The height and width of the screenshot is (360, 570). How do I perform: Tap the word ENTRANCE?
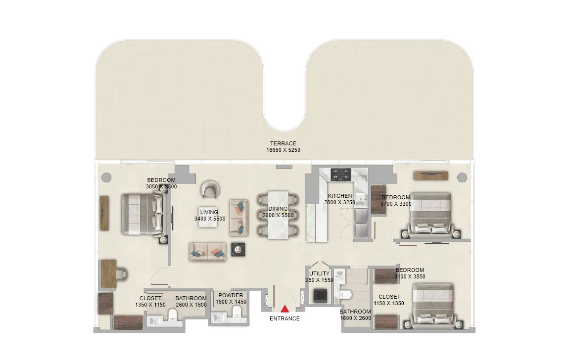pos(285,318)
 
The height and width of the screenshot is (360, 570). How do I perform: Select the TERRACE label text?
pos(283,144)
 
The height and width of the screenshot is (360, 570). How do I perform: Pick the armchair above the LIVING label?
pos(209,188)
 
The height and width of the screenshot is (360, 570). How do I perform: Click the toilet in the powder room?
pos(236,312)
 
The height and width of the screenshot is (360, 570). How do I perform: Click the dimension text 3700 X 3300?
pos(396,204)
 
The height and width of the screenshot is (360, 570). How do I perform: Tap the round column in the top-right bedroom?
pos(462,177)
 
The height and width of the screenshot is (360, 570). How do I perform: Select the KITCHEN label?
pos(340,196)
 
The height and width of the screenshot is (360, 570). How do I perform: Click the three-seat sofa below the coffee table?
pos(207,252)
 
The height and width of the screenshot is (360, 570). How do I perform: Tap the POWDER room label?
pos(231,296)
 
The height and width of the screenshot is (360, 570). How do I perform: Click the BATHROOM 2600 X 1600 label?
pos(191,302)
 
